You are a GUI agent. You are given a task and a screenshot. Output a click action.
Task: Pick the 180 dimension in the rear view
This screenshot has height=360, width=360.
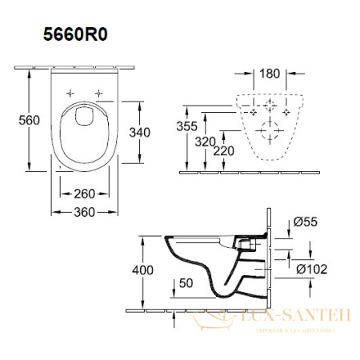coord(270,74)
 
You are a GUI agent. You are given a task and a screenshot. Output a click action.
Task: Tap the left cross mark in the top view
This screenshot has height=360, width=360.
coord(70,93)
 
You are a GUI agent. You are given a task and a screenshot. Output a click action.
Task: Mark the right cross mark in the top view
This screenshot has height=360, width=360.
coord(98,93)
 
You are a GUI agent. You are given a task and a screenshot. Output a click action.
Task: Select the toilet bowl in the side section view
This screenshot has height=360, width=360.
coord(212,264)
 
